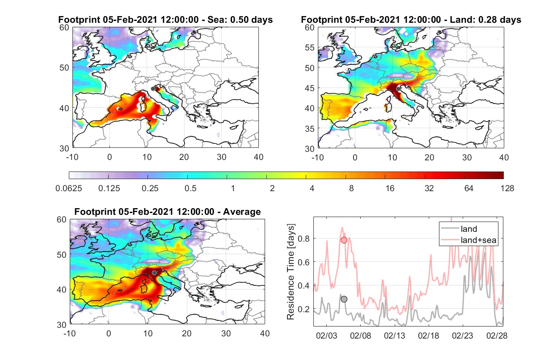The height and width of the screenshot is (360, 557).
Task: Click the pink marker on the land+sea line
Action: click(x=344, y=240)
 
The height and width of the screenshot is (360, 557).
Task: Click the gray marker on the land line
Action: click(x=344, y=299)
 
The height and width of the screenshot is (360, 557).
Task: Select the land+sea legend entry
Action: click(x=468, y=240)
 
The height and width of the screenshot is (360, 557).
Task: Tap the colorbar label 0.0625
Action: click(x=69, y=188)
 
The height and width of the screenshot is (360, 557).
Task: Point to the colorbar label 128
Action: click(x=507, y=188)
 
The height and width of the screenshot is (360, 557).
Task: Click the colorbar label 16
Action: click(x=390, y=188)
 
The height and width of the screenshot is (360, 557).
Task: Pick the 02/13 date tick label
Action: click(x=394, y=335)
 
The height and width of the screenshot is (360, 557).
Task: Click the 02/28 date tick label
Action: click(x=497, y=335)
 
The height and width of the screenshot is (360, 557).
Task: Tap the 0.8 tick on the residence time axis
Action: click(x=304, y=239)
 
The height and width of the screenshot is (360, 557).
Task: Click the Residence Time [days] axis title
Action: click(x=291, y=272)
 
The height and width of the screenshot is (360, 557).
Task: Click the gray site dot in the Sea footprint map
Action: click(x=153, y=89)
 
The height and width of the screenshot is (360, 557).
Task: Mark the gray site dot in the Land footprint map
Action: click(x=398, y=89)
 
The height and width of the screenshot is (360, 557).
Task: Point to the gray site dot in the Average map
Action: click(x=154, y=273)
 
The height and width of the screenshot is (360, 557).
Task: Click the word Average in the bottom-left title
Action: click(x=242, y=212)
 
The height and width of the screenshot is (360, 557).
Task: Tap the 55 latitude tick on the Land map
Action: click(x=310, y=47)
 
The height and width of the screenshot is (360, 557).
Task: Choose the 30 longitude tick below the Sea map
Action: click(x=221, y=157)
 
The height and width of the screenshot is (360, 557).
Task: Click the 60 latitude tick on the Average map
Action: click(x=62, y=220)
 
